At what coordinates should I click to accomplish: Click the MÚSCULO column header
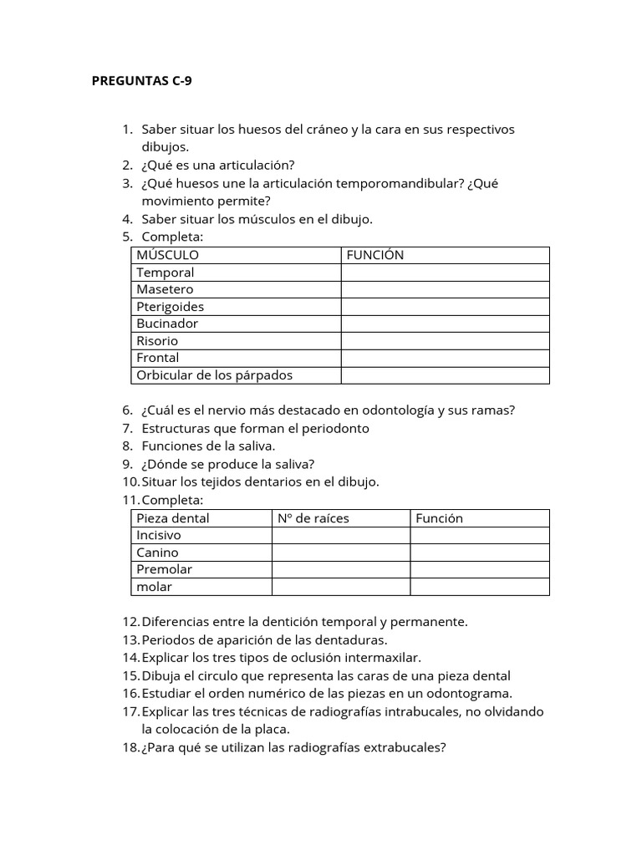coord(168,255)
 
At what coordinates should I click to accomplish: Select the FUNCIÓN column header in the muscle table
coord(374,255)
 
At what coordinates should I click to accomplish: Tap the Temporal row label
coord(165,273)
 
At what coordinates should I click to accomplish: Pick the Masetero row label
coord(165,289)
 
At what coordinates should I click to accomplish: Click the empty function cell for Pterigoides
coord(445,307)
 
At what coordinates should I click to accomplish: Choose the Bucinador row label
coord(167,324)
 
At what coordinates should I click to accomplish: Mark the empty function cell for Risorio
coord(445,341)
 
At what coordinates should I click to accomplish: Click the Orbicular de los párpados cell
coord(214,375)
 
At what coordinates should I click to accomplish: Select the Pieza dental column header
coord(173,518)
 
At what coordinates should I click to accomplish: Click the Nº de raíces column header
coord(313,518)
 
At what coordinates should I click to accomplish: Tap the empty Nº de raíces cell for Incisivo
coord(340,535)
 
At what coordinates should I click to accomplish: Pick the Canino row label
coord(157,553)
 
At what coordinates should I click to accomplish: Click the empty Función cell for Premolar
coord(479,569)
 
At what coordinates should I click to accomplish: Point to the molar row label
coord(154,587)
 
